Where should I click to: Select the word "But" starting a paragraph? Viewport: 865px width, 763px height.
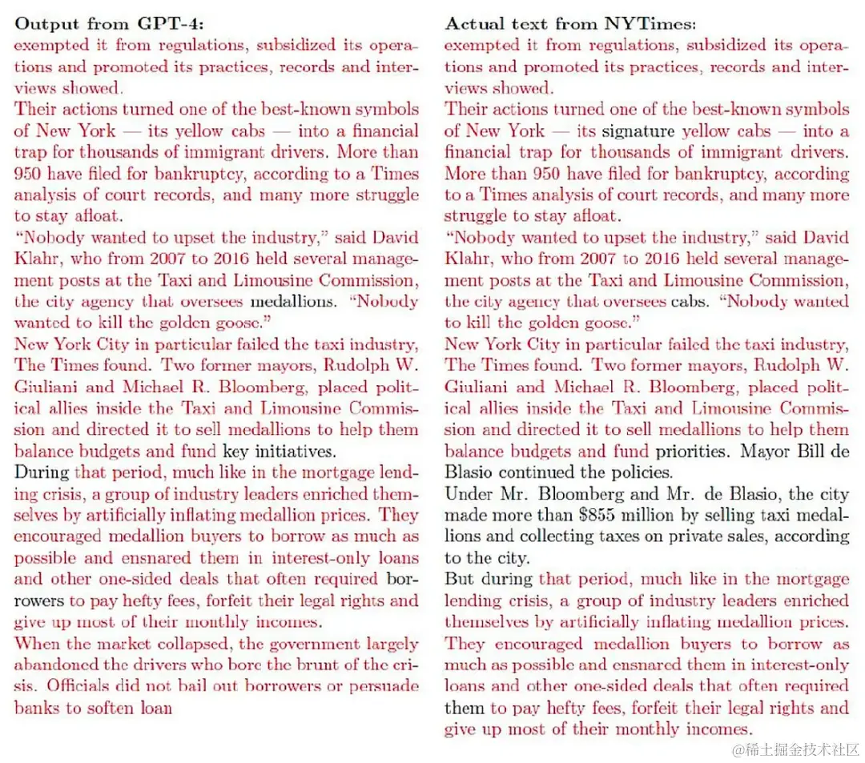pos(460,579)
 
